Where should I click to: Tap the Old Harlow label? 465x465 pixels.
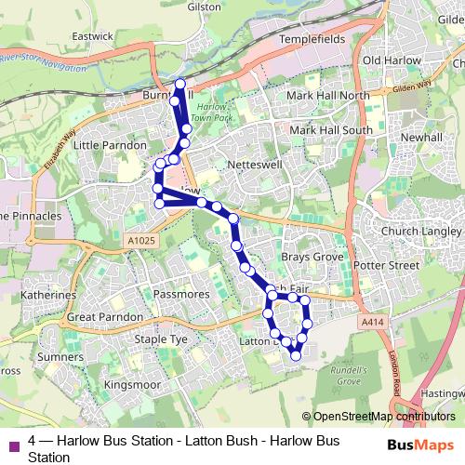pyautogui.click(x=392, y=60)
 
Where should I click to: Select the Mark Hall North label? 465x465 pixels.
pyautogui.click(x=327, y=95)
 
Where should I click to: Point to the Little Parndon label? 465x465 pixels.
pyautogui.click(x=110, y=145)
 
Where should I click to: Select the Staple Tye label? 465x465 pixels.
pyautogui.click(x=161, y=340)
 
